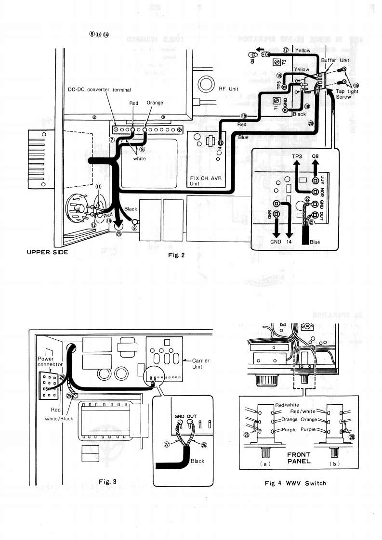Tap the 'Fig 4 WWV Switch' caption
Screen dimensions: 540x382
pos(295,483)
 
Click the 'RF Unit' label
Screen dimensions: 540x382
pos(228,89)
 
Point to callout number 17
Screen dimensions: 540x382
pos(286,50)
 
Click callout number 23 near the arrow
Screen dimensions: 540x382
pos(119,233)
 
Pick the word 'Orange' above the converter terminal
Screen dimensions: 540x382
pos(155,103)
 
